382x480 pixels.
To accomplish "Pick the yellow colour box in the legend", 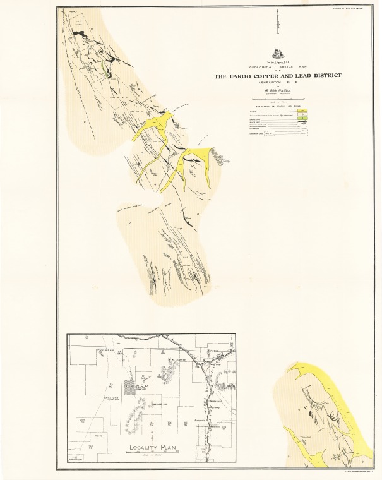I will tap(303, 111).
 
